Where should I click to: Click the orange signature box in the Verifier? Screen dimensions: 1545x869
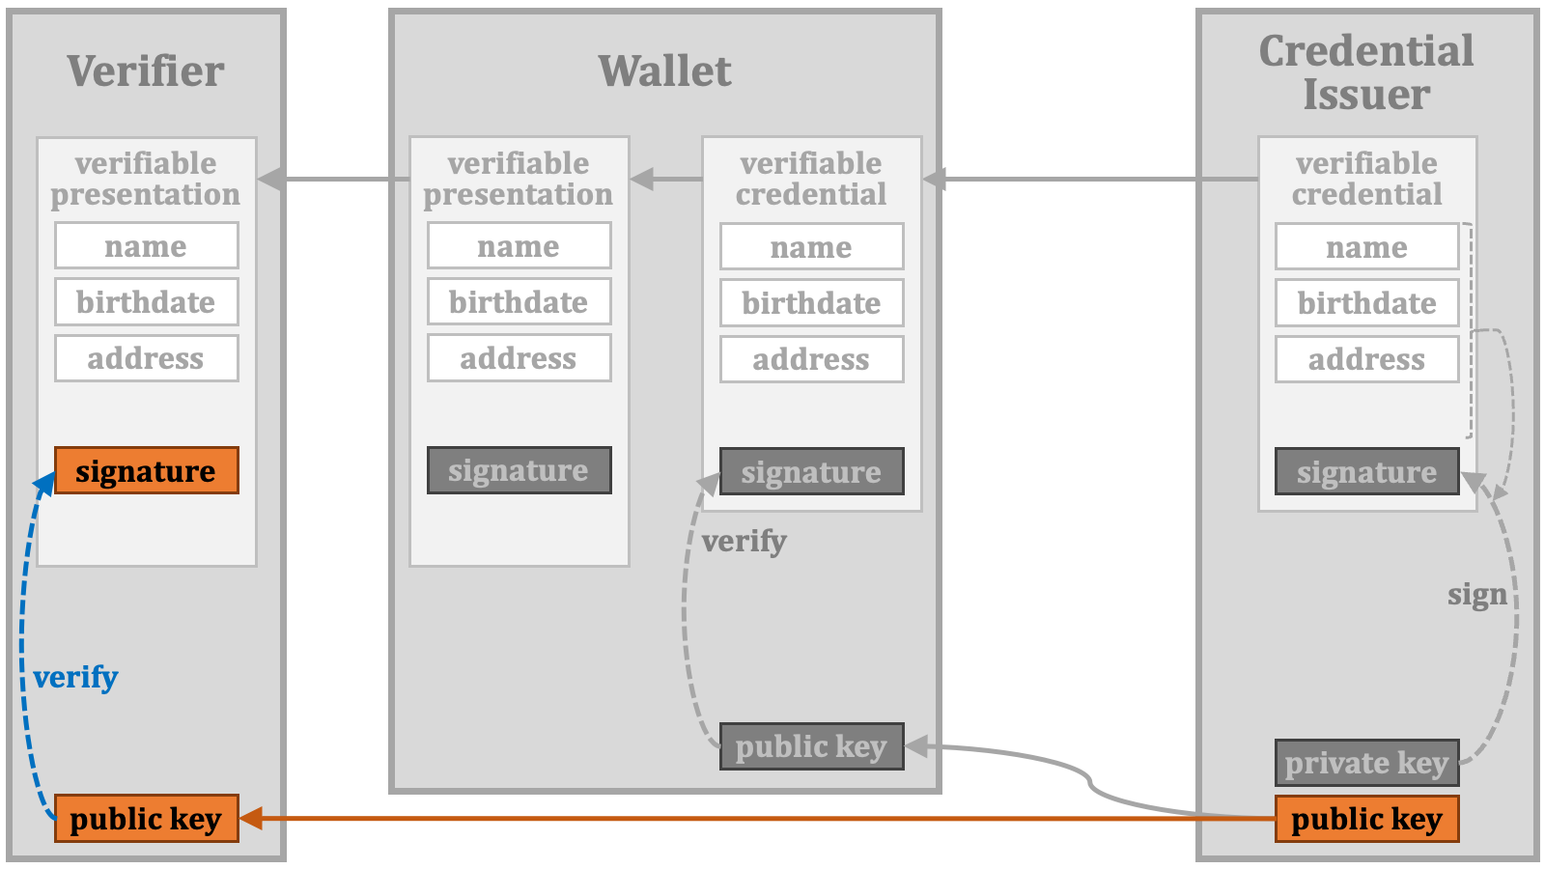(x=146, y=470)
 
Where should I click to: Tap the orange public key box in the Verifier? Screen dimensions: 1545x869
(x=146, y=819)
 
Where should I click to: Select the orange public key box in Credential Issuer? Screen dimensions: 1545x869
(x=1367, y=819)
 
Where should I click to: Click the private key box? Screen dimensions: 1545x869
(x=1367, y=763)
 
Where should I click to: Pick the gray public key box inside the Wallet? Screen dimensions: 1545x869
(x=812, y=746)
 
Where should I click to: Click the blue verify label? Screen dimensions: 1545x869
(x=76, y=677)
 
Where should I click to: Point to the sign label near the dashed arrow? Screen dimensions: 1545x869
(x=1477, y=595)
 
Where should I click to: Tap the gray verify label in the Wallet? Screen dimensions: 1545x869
(x=744, y=542)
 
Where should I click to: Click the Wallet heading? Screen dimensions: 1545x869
(x=665, y=71)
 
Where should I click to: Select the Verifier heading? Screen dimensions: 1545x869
(x=146, y=71)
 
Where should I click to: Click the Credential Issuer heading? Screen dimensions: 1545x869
(x=1366, y=72)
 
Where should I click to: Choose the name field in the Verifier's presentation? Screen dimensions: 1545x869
(x=146, y=245)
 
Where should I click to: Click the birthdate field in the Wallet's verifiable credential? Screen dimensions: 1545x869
(x=812, y=303)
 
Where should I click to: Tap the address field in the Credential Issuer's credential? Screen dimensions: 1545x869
(x=1367, y=359)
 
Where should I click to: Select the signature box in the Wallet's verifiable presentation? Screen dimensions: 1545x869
(x=520, y=470)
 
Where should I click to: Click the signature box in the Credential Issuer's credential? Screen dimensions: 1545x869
(x=1367, y=472)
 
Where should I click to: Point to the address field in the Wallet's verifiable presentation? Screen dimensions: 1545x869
(x=520, y=358)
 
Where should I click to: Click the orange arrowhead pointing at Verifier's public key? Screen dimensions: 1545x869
(x=251, y=819)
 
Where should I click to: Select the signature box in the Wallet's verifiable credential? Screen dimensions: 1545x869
(x=812, y=472)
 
